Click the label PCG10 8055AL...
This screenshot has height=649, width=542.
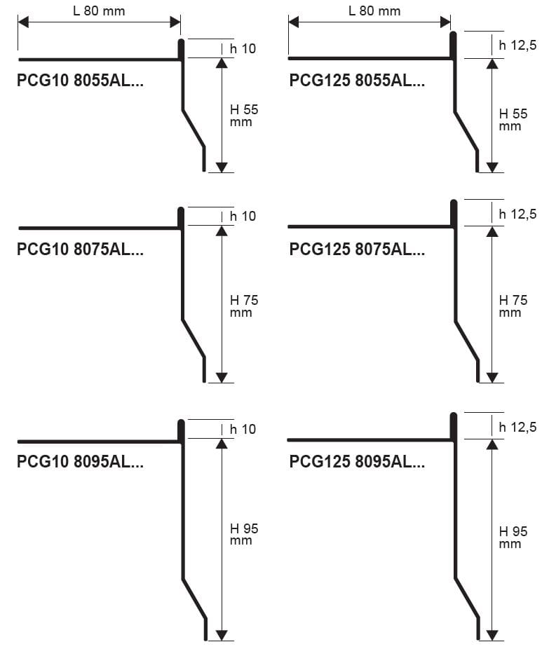[x=80, y=81]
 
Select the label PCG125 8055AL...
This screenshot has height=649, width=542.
[x=357, y=81]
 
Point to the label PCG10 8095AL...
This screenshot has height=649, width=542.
[x=80, y=462]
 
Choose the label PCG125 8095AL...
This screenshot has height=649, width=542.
[x=357, y=462]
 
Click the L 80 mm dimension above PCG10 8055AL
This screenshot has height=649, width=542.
[x=99, y=11]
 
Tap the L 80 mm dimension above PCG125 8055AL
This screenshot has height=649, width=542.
[x=374, y=11]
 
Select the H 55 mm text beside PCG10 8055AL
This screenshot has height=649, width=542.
[x=243, y=116]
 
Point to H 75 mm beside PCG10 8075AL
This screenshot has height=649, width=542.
[x=243, y=306]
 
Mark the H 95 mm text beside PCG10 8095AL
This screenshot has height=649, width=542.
[x=243, y=534]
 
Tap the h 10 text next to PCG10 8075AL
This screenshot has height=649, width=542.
[x=243, y=216]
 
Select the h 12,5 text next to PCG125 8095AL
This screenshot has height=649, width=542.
[x=517, y=427]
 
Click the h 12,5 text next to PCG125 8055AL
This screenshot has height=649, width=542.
[x=517, y=46]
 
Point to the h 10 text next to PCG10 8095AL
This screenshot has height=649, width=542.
[x=243, y=429]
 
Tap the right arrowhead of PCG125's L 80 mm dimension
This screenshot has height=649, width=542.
[x=445, y=22]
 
